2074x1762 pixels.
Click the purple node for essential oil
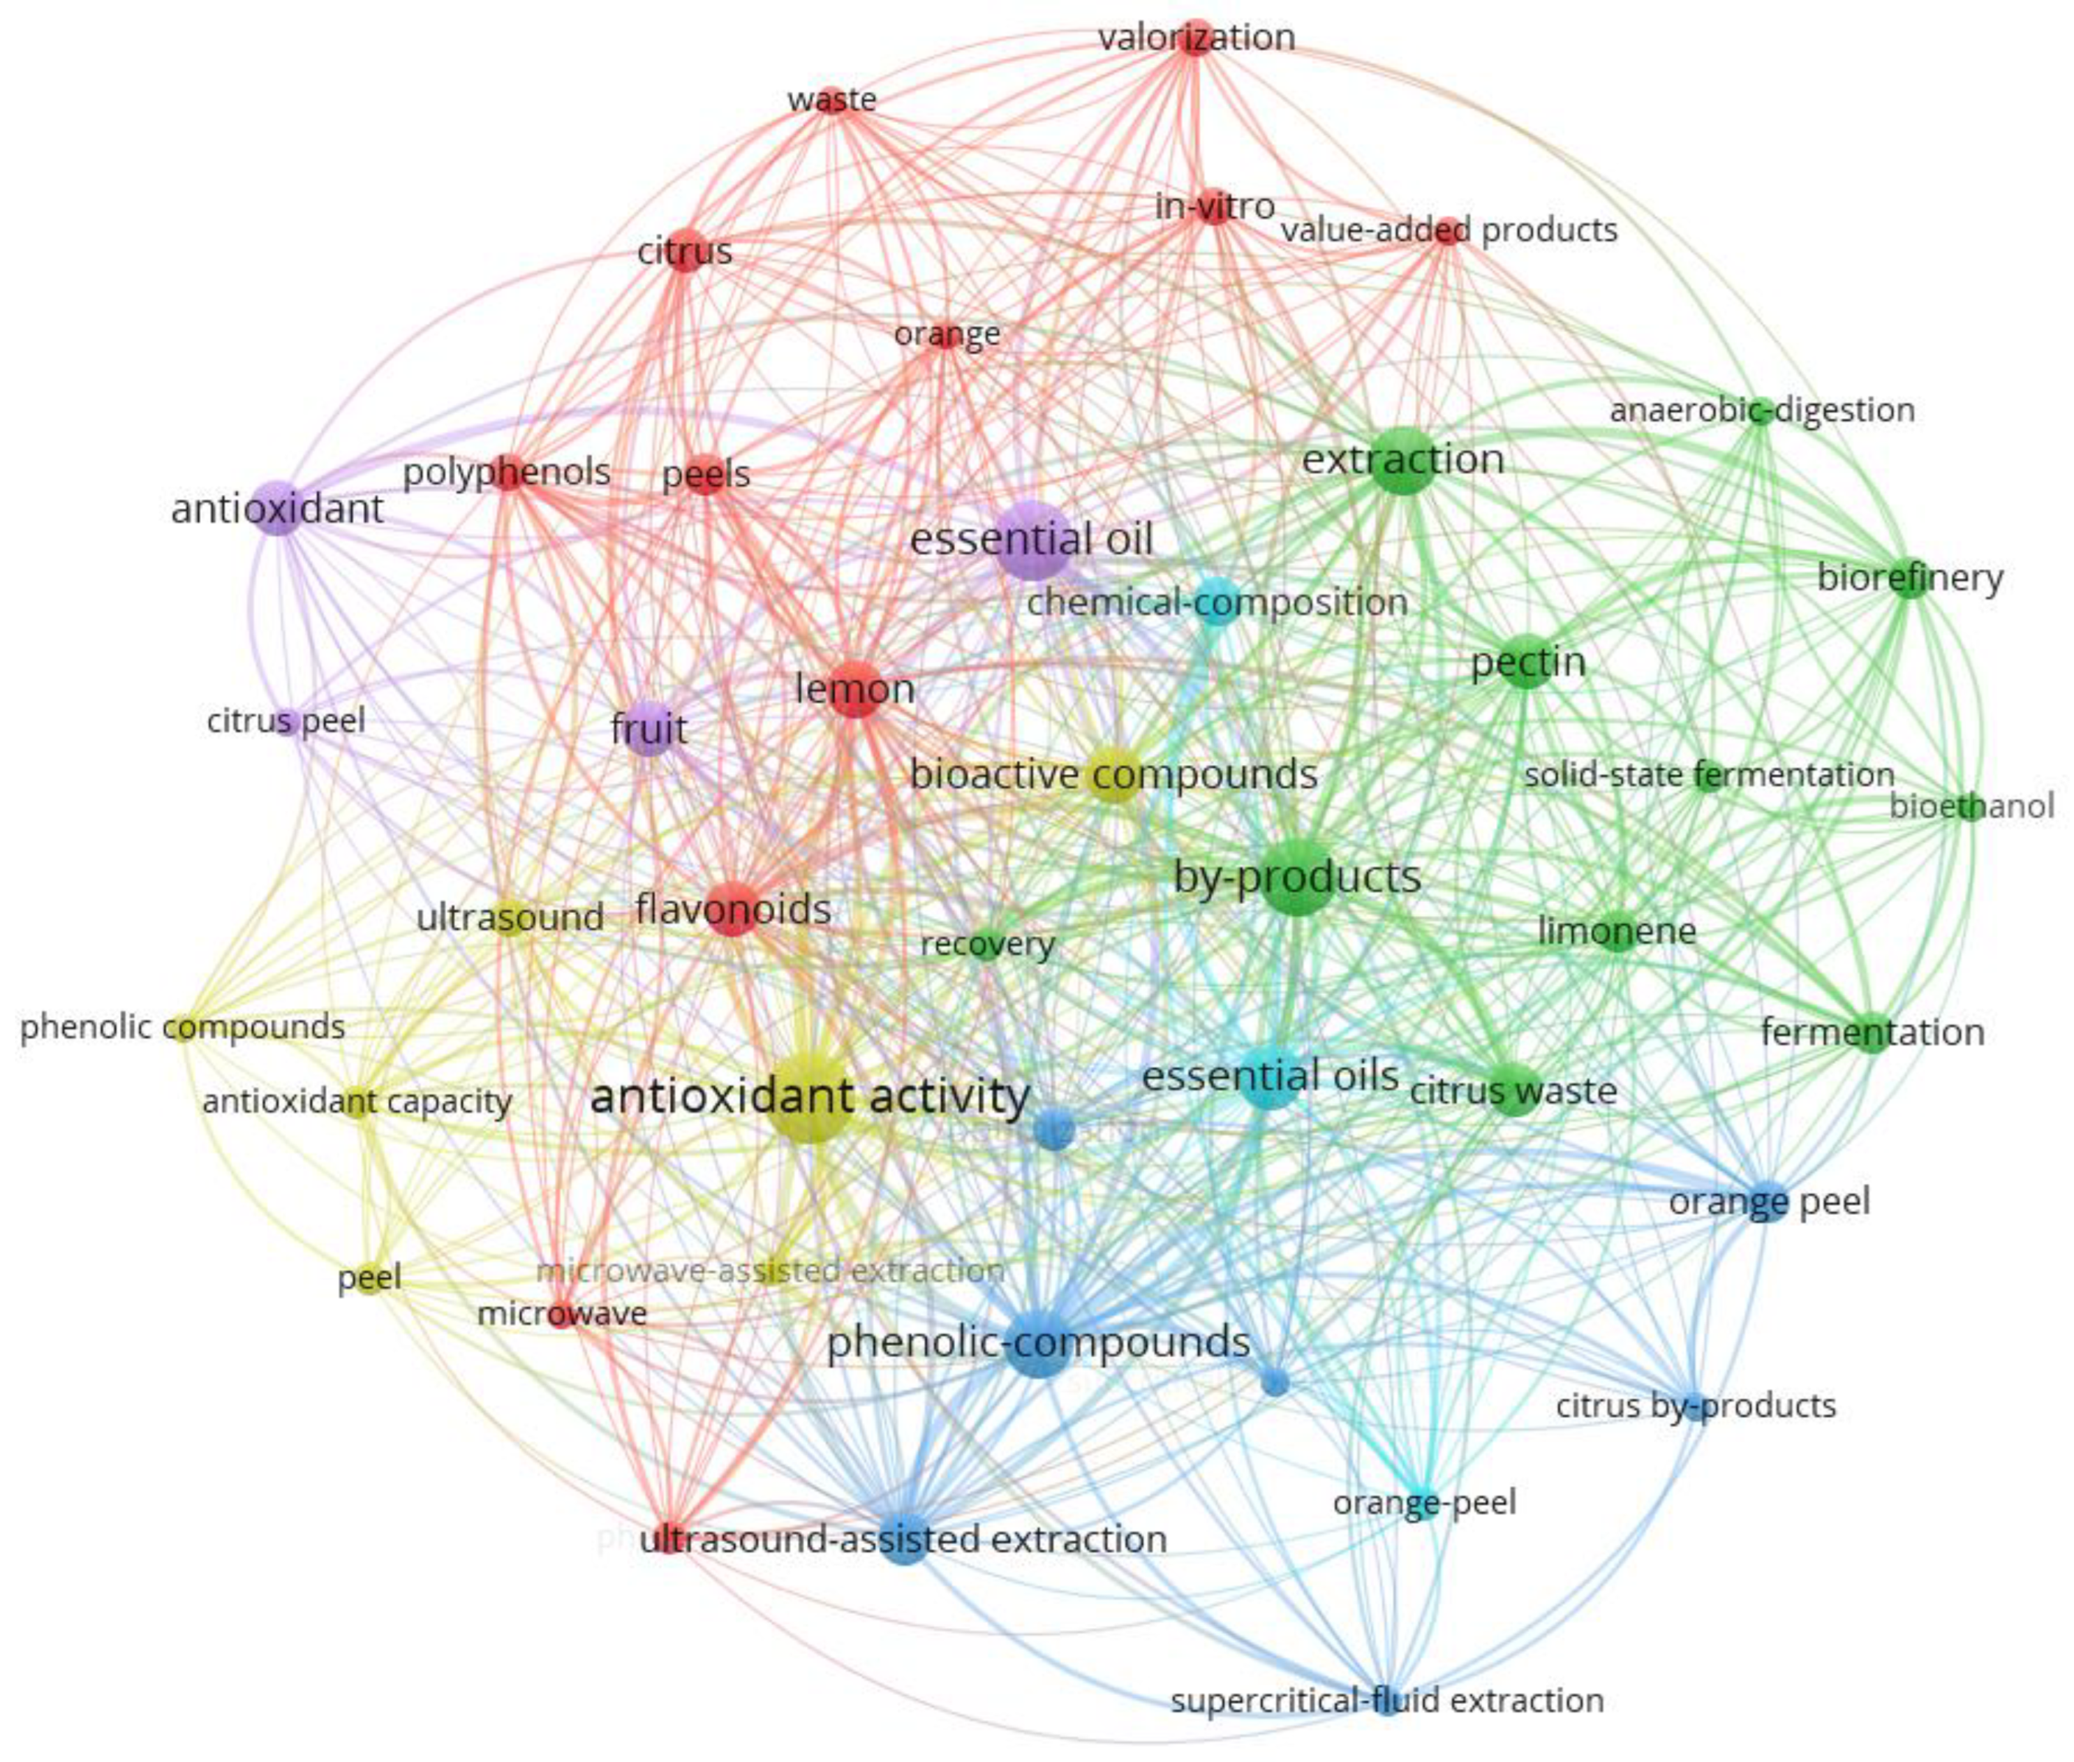(1032, 542)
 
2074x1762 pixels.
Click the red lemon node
(854, 688)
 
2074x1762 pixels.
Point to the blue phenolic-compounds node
(1038, 1342)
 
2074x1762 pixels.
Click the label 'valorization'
(1196, 38)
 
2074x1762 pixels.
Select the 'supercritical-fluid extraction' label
(1386, 1699)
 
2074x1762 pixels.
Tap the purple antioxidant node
(279, 508)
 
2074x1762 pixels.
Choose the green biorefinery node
(1909, 577)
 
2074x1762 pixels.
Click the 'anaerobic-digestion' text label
(1761, 410)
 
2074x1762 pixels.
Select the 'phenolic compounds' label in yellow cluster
(183, 1027)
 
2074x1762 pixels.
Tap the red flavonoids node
(732, 909)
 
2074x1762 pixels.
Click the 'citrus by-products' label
(1696, 1405)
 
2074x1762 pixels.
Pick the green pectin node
(1525, 661)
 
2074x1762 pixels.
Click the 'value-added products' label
(1449, 231)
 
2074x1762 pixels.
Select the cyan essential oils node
(1270, 1076)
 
